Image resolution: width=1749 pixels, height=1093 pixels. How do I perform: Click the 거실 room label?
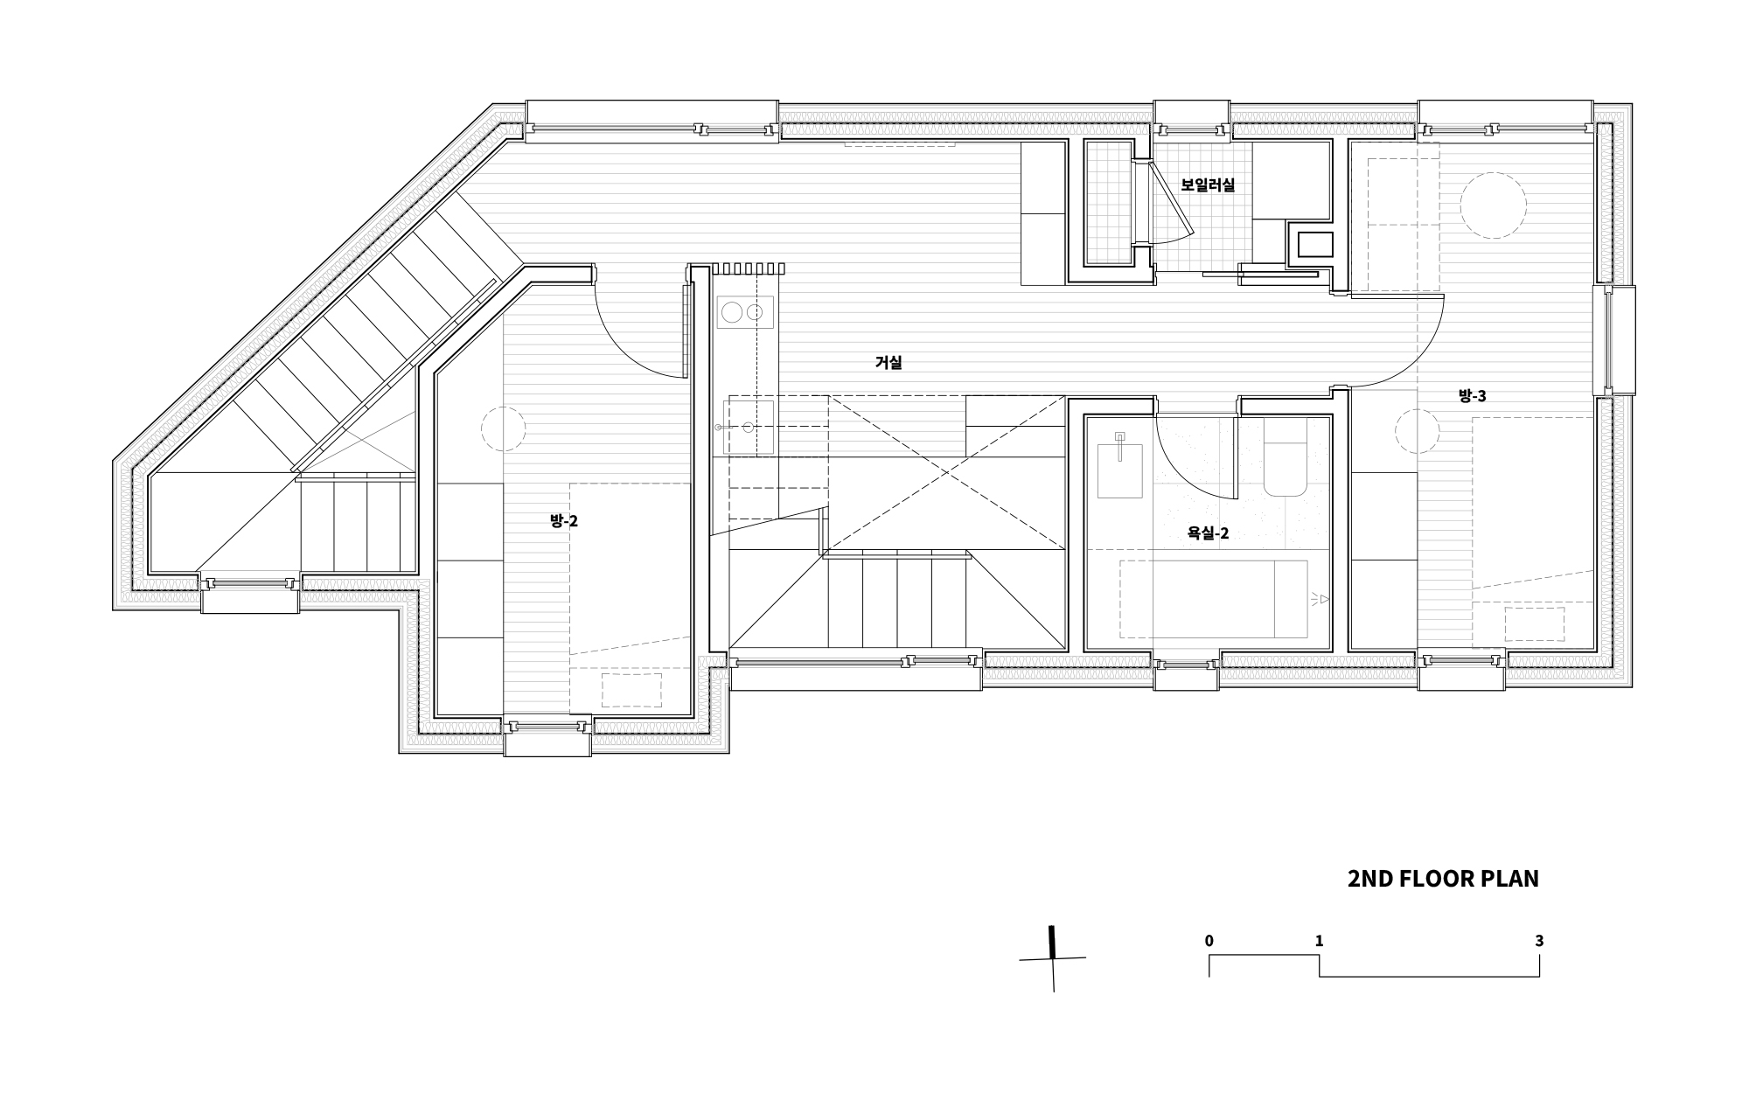coord(888,362)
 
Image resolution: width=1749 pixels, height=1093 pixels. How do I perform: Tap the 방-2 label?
coord(564,521)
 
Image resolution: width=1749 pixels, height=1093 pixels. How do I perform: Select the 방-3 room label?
coord(1473,395)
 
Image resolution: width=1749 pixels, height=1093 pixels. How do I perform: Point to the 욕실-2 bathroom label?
coord(1208,533)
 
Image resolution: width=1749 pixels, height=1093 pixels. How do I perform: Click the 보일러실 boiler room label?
coord(1208,184)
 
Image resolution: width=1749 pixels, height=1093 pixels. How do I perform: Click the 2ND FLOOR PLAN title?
coord(1443,879)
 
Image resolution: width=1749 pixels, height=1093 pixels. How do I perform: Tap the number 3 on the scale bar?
coord(1539,941)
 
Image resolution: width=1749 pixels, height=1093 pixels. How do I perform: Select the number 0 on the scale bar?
coord(1209,941)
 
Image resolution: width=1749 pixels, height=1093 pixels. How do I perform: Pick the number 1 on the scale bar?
coord(1319,941)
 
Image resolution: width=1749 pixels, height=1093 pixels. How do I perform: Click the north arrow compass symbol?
coord(1053,958)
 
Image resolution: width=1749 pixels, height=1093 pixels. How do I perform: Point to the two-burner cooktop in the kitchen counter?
coord(745,312)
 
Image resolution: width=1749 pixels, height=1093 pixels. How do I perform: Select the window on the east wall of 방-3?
coord(1620,340)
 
